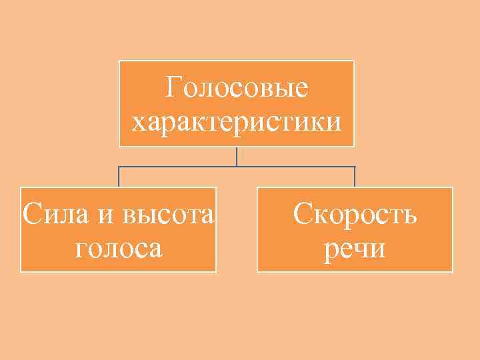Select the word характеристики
click(x=237, y=122)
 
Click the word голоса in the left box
click(x=119, y=249)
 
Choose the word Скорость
click(x=355, y=215)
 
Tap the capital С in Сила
click(x=30, y=215)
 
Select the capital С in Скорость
click(x=303, y=215)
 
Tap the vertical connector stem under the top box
click(x=237, y=157)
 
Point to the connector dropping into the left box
click(x=119, y=177)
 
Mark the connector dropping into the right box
click(x=355, y=177)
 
